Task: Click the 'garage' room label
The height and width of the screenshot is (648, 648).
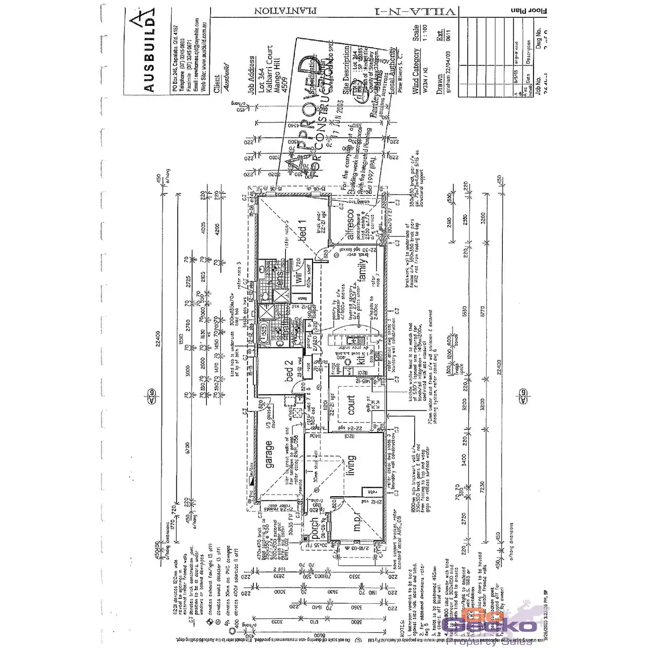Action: pos(268,455)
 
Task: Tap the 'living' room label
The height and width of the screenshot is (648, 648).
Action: pos(352,465)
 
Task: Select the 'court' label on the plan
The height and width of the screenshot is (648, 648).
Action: pos(352,406)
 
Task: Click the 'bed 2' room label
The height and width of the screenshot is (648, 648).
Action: pos(289,371)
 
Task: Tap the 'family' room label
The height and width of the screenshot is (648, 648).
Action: pos(363,271)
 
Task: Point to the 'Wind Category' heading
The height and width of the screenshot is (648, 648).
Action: pos(416,71)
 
